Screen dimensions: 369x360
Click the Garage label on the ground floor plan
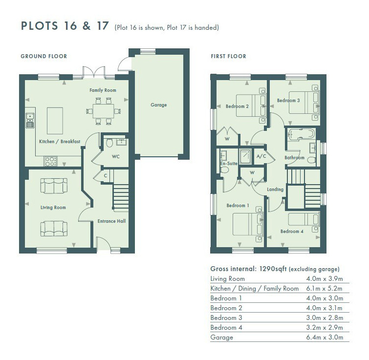159,105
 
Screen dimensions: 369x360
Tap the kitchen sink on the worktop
30,120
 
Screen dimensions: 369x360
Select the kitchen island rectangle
55,121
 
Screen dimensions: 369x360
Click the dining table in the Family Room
104,111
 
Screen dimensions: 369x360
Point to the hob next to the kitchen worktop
51,161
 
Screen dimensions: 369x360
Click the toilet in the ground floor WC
109,143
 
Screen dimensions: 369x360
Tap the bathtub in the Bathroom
301,134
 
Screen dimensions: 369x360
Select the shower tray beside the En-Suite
245,156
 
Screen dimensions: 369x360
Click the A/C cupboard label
261,156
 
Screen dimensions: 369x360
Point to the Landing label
275,190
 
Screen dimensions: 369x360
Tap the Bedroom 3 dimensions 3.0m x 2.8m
325,318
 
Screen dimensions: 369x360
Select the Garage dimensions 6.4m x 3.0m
325,337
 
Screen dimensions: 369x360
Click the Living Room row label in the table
228,279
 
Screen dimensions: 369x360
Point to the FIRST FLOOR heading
229,56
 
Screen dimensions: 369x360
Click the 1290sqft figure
273,269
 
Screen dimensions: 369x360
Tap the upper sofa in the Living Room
54,186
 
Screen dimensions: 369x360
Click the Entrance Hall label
111,221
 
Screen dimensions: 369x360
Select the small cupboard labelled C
106,175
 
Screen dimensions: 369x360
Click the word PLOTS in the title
39,25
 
